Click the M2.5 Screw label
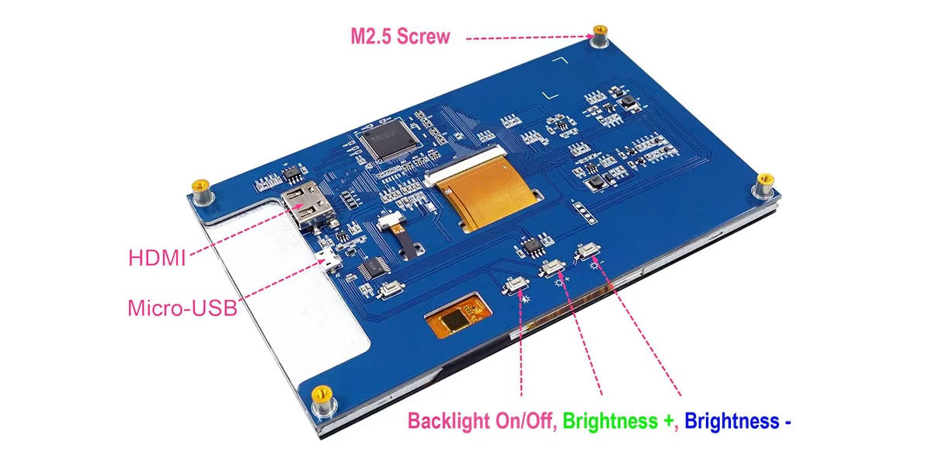[399, 37]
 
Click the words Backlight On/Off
[480, 422]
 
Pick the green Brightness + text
[618, 422]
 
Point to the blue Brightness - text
[737, 422]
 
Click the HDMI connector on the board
[303, 207]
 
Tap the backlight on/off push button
[516, 287]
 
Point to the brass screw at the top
[600, 36]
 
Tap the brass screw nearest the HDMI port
[200, 190]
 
